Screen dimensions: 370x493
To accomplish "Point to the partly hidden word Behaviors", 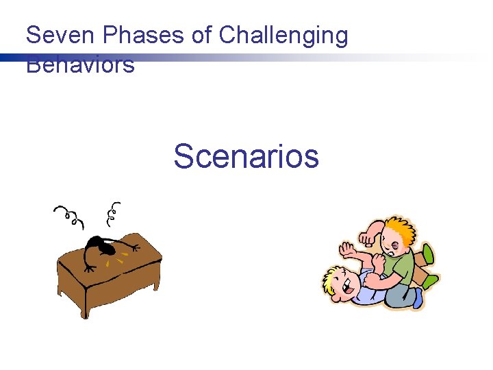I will click(x=80, y=66).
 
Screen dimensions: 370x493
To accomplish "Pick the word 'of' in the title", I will click(x=202, y=36).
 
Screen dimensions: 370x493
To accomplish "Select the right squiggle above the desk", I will click(x=113, y=214).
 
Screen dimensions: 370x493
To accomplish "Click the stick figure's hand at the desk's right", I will click(x=135, y=247).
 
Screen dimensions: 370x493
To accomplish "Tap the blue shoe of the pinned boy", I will click(x=418, y=299).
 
